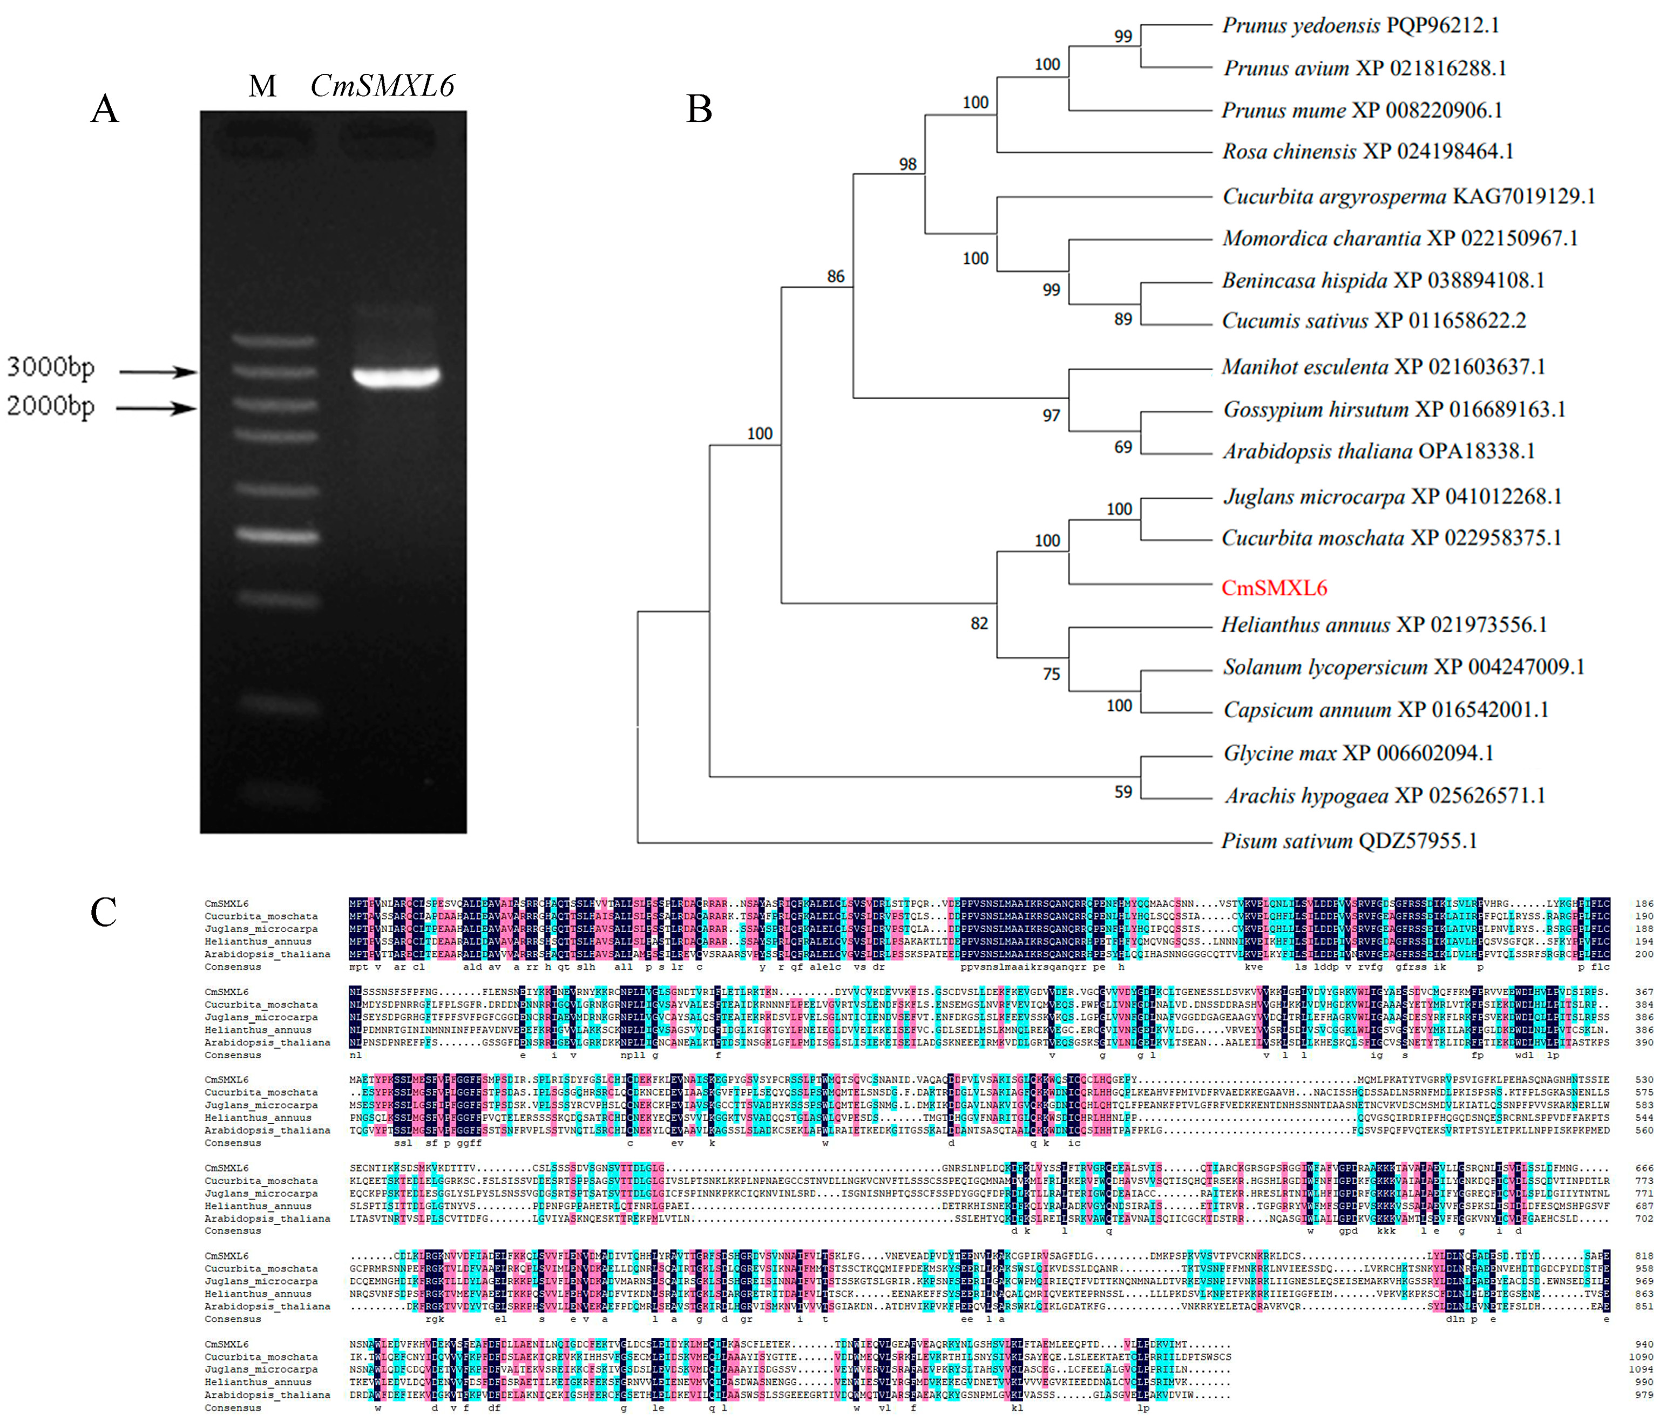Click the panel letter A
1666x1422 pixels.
[x=105, y=108]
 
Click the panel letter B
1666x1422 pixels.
[x=699, y=108]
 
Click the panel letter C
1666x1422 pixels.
[x=104, y=913]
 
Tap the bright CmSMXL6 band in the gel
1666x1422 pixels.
[x=396, y=376]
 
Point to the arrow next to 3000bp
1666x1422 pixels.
[x=158, y=371]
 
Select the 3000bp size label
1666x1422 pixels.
[x=51, y=368]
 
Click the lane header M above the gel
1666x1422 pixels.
[x=262, y=86]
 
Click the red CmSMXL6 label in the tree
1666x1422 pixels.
[x=1274, y=588]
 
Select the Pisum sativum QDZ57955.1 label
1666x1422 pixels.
[x=1349, y=841]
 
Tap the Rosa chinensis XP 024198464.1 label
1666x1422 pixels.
[x=1367, y=151]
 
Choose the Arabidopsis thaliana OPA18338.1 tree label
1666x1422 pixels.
[x=1378, y=451]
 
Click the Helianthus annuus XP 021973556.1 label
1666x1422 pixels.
[x=1384, y=624]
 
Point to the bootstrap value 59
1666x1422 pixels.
[x=1123, y=792]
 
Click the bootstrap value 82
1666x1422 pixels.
[x=979, y=623]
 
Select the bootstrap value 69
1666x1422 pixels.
[x=1123, y=447]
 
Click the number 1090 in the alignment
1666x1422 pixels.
[x=1640, y=1357]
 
